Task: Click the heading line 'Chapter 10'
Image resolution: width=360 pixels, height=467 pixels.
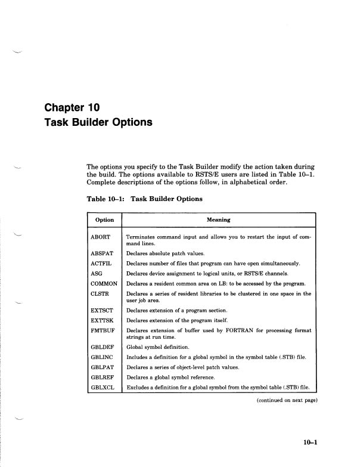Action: pyautogui.click(x=72, y=108)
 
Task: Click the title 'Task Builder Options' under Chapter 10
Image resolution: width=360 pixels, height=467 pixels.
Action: pyautogui.click(x=98, y=123)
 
